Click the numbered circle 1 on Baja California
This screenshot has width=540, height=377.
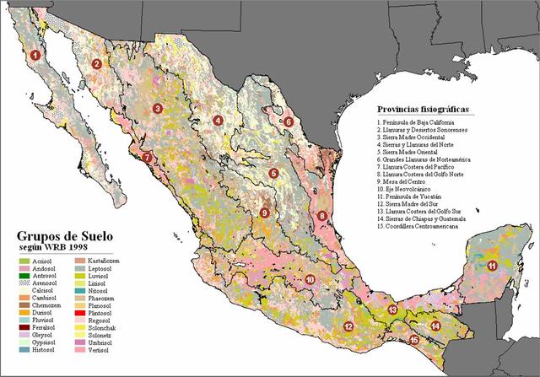coord(35,56)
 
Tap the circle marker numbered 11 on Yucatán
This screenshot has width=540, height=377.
coord(491,266)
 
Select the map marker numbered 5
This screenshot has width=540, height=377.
coord(273,174)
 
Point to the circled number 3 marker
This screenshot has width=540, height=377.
coord(158,109)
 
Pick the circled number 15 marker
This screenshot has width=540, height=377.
coord(413,340)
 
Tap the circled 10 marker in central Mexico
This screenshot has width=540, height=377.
coord(310,279)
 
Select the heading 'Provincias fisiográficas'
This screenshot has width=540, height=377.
coord(423,110)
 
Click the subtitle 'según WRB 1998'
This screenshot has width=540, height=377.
coord(58,250)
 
